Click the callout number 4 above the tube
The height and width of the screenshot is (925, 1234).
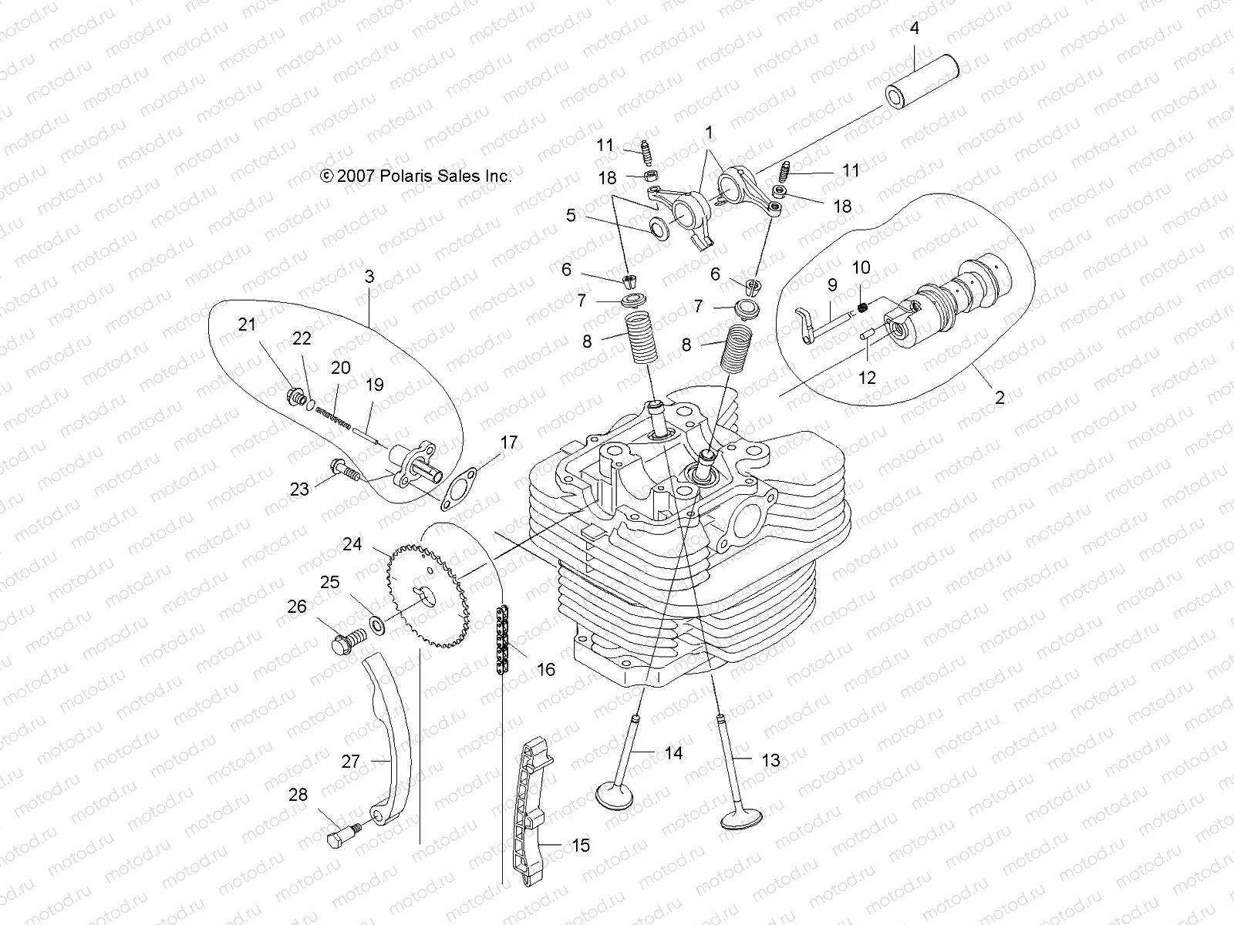click(x=915, y=29)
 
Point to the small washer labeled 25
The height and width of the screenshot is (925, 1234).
click(x=377, y=622)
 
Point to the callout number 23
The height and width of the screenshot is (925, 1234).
click(x=299, y=489)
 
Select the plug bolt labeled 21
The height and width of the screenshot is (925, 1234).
click(x=294, y=398)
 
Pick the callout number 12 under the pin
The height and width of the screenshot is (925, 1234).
click(x=867, y=377)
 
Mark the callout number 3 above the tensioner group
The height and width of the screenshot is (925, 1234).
click(x=369, y=276)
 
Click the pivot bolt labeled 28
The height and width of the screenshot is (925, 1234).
click(x=343, y=835)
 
